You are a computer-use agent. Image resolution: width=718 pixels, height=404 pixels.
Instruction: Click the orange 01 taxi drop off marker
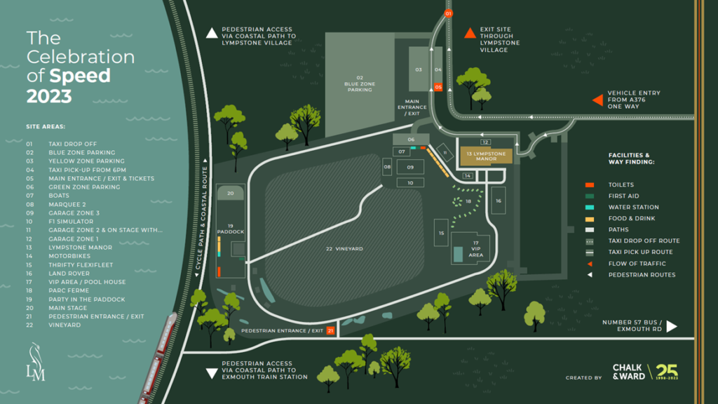pyautogui.click(x=449, y=13)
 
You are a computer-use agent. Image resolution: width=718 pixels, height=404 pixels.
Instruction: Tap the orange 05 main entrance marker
pyautogui.click(x=438, y=87)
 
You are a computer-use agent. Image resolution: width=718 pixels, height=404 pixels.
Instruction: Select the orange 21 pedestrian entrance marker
pyautogui.click(x=331, y=330)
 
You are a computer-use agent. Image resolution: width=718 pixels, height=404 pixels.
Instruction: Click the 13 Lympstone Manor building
pyautogui.click(x=486, y=156)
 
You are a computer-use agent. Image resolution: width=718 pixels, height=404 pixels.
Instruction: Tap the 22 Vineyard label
pyautogui.click(x=344, y=249)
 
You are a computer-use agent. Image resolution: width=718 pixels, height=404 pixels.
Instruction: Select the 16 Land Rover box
pyautogui.click(x=498, y=201)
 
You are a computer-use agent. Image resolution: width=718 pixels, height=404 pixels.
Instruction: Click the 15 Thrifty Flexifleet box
pyautogui.click(x=442, y=233)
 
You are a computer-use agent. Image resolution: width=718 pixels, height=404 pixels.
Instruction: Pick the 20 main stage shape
pyautogui.click(x=230, y=194)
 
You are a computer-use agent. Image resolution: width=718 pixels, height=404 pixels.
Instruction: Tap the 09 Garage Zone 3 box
pyautogui.click(x=410, y=168)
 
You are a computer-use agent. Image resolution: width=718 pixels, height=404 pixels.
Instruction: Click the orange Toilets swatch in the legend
pyautogui.click(x=590, y=184)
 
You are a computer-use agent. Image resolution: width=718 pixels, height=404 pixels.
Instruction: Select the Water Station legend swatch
pyautogui.click(x=590, y=207)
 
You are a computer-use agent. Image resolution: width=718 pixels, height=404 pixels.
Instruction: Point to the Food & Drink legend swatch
pyautogui.click(x=590, y=218)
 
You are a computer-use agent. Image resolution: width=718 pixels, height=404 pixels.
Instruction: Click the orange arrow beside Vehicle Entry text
pyautogui.click(x=597, y=100)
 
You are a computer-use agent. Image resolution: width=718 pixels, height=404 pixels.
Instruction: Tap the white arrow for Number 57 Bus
pyautogui.click(x=671, y=326)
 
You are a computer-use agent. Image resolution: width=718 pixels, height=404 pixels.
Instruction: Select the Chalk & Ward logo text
pyautogui.click(x=627, y=372)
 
